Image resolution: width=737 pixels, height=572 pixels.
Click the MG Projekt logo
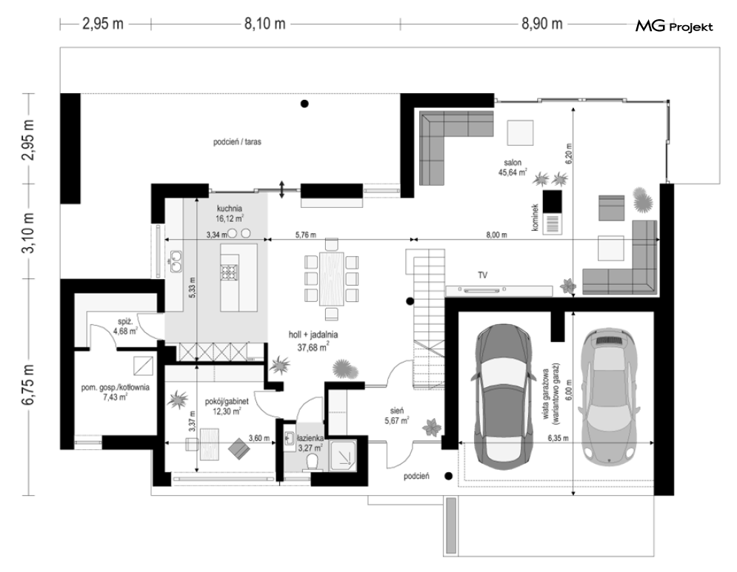[674, 27]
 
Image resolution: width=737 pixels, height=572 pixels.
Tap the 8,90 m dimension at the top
[542, 24]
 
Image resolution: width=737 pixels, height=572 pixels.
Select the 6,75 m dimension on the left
[29, 384]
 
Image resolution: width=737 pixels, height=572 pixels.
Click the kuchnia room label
[230, 208]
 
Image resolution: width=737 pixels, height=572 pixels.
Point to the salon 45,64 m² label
[513, 167]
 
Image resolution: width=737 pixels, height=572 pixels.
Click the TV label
[482, 275]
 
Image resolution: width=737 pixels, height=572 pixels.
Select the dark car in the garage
[504, 394]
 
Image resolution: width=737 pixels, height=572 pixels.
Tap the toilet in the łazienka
[312, 463]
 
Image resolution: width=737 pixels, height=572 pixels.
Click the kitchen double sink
[176, 261]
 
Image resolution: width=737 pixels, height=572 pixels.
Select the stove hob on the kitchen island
[230, 272]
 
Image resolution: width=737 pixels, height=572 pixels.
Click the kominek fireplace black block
[553, 201]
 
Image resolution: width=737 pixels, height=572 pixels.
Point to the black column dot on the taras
[304, 104]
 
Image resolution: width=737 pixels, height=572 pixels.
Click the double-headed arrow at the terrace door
[282, 189]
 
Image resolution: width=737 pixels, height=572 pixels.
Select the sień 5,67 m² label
[396, 416]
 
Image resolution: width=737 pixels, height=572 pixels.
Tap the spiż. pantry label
[124, 326]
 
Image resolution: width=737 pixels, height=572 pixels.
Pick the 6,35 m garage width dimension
[558, 438]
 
